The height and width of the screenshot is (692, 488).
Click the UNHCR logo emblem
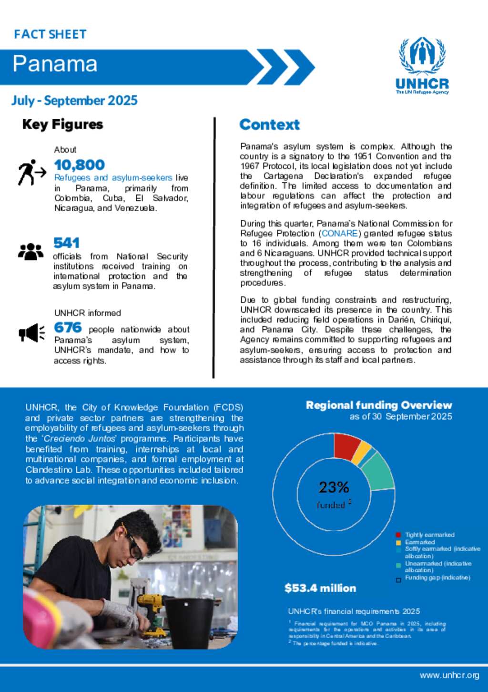pos(422,55)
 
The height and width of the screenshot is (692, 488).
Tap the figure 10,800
pos(79,165)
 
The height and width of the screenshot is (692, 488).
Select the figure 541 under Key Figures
pos(66,243)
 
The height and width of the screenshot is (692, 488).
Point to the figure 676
pos(68,328)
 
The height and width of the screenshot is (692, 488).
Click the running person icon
pos(31,172)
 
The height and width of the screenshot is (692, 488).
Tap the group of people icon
pos(30,251)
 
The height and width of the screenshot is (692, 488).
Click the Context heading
pos(269,125)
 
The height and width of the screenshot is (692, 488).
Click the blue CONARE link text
pos(339,233)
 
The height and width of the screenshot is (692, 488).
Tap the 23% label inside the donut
pos(334,487)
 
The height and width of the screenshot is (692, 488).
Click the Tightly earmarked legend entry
pos(429,535)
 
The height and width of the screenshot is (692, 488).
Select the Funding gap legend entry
pos(437,578)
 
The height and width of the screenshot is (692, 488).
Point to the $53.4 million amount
pos(320,588)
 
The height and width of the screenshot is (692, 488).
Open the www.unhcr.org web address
pos(449,675)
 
